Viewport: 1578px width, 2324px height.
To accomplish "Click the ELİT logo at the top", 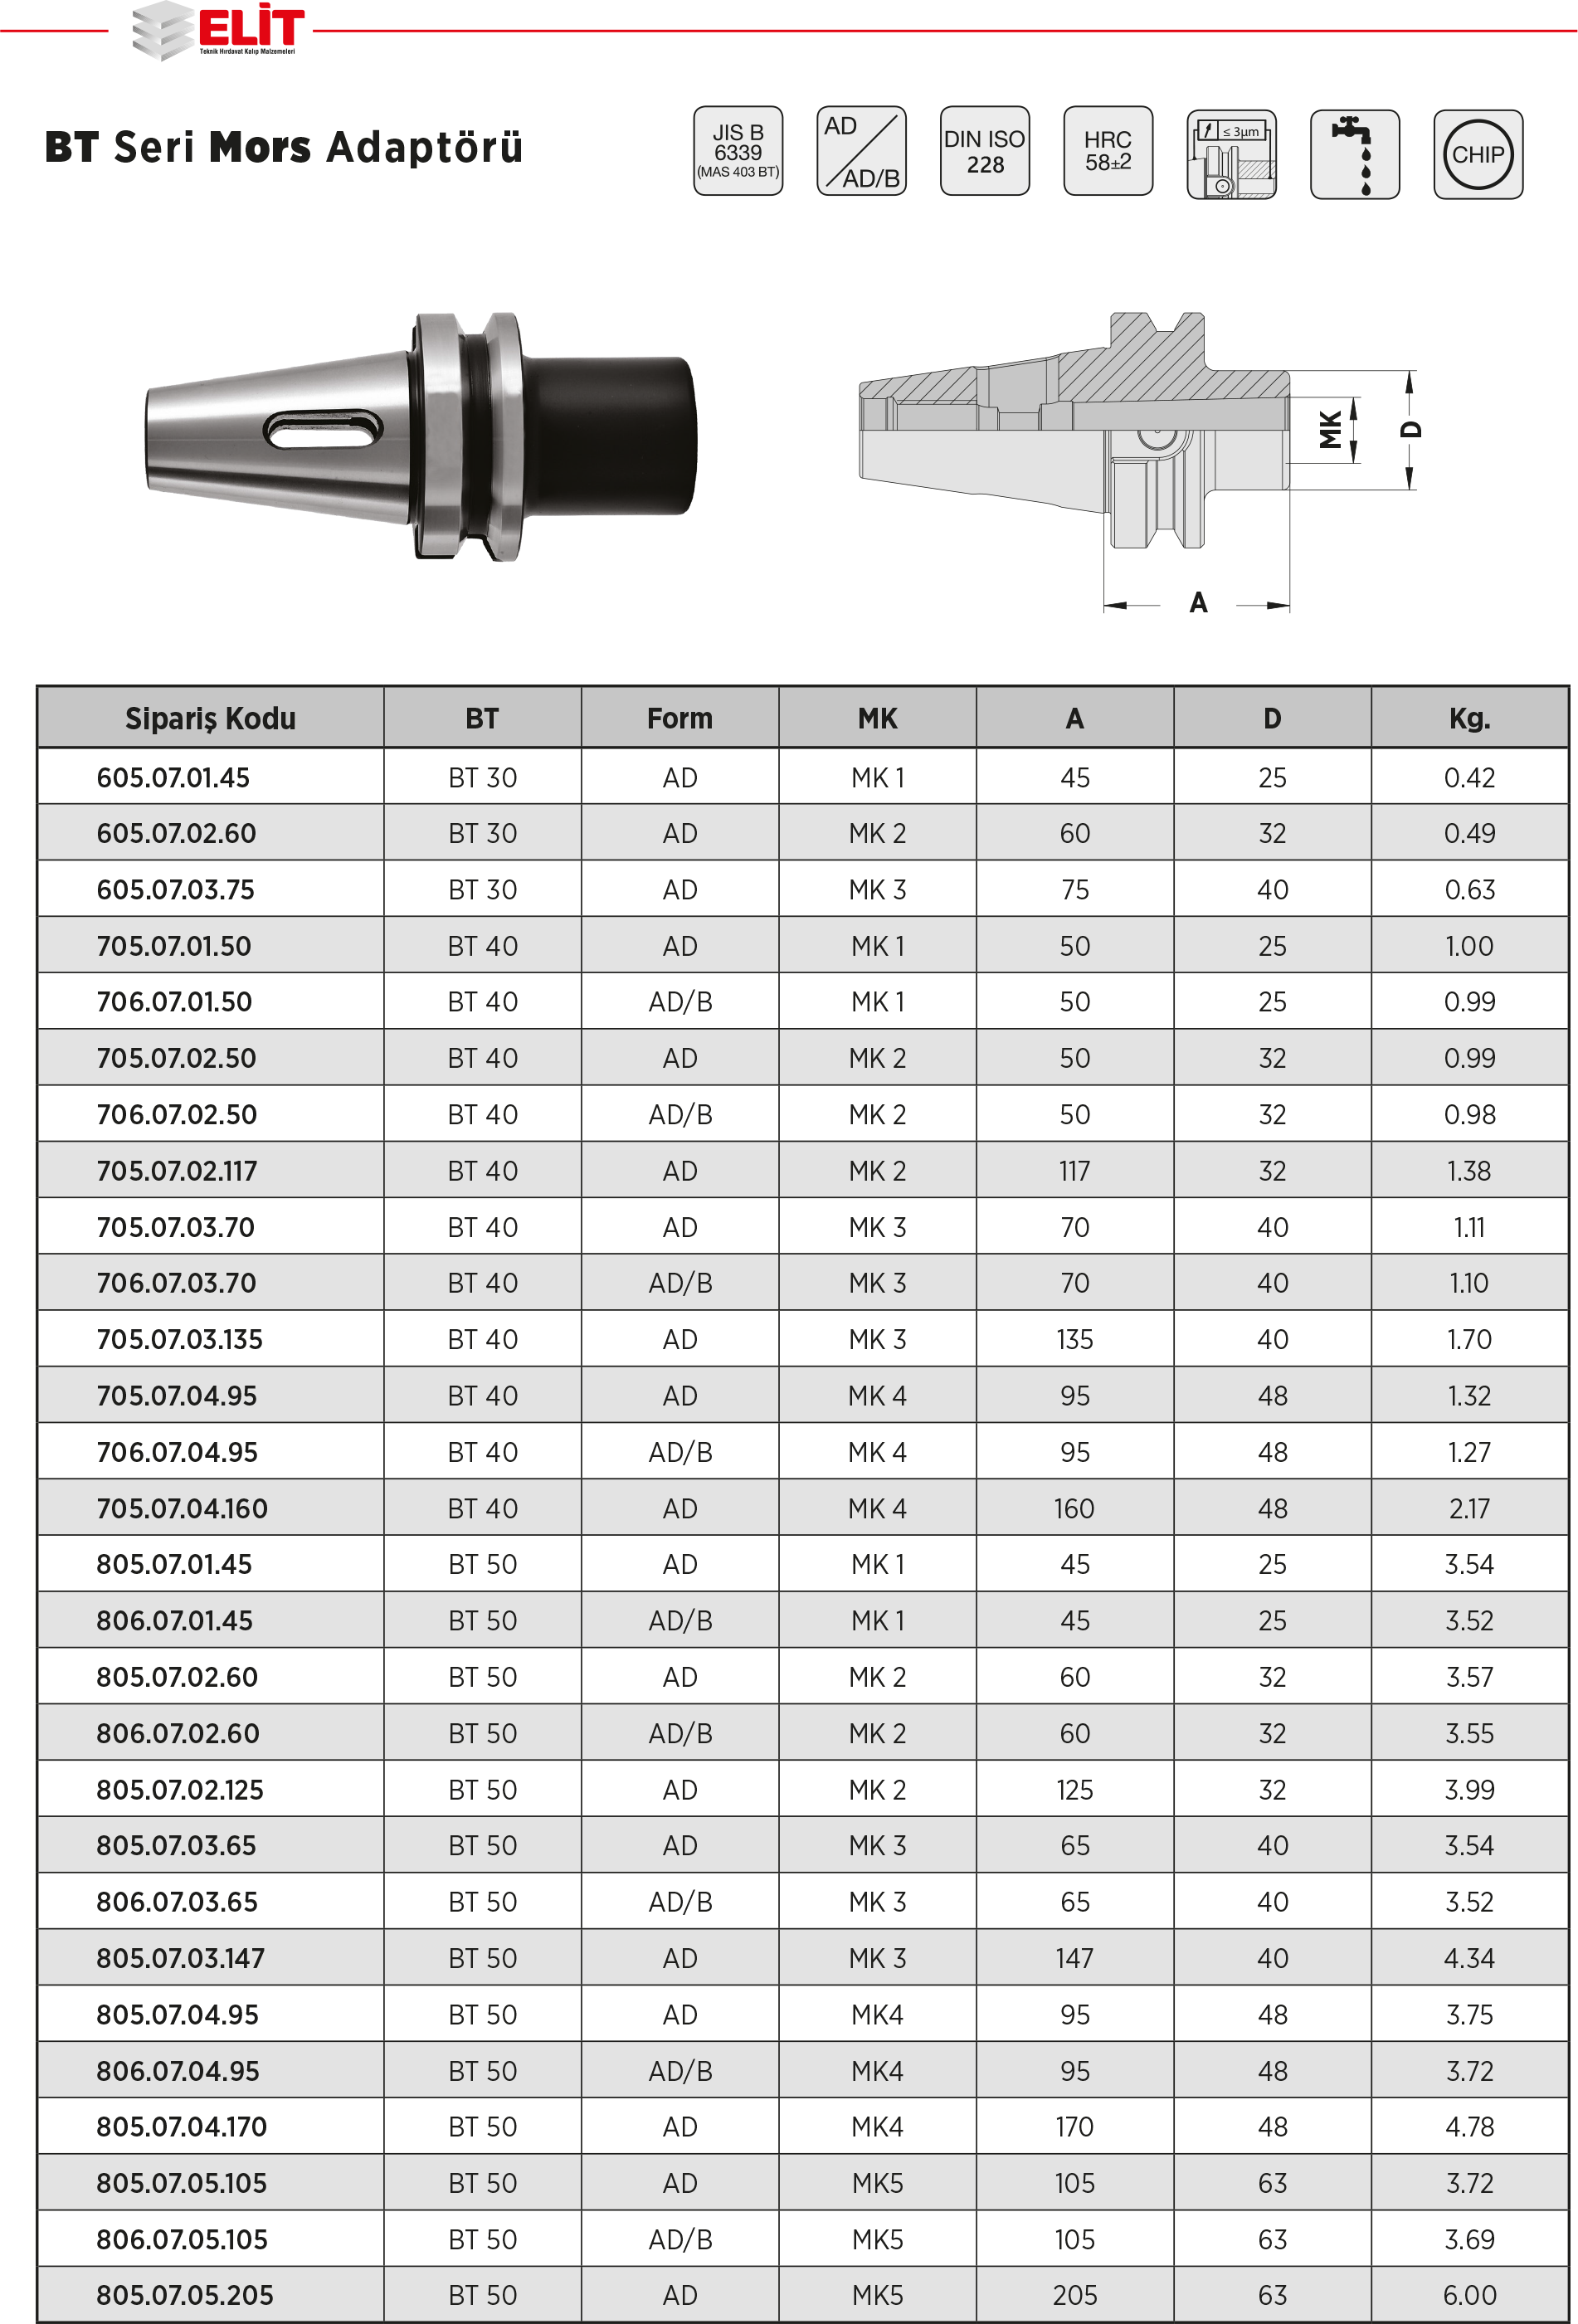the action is pos(218,30).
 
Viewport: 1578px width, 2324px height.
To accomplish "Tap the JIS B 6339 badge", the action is pos(738,151).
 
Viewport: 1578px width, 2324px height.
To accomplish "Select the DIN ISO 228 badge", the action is pos(984,151).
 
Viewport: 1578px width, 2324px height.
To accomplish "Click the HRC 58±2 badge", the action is pos(1108,151).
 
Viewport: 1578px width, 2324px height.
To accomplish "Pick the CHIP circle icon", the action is pos(1478,155).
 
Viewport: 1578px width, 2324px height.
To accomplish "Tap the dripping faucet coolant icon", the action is pos(1355,155).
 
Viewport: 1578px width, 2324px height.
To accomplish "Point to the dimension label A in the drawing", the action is pos(1198,603).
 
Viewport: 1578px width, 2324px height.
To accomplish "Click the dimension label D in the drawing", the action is pos(1411,429).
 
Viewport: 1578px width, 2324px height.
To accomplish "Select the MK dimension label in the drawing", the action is pos(1330,430).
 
